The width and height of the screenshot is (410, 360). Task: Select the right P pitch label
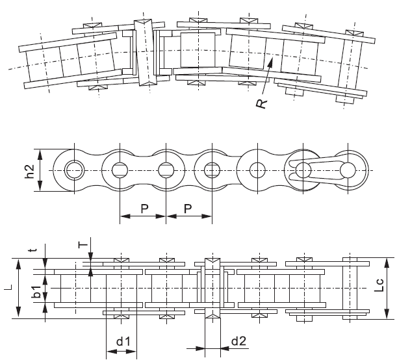(x=188, y=209)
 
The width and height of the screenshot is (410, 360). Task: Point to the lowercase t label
(x=31, y=248)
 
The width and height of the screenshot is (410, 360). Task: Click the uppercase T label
(x=81, y=244)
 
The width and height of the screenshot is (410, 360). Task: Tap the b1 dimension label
(x=36, y=290)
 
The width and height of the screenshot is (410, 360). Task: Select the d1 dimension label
(x=122, y=341)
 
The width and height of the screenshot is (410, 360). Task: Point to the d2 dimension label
(x=238, y=341)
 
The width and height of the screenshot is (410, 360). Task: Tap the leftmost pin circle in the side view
(x=73, y=170)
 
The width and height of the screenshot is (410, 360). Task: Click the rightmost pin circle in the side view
(x=348, y=170)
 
